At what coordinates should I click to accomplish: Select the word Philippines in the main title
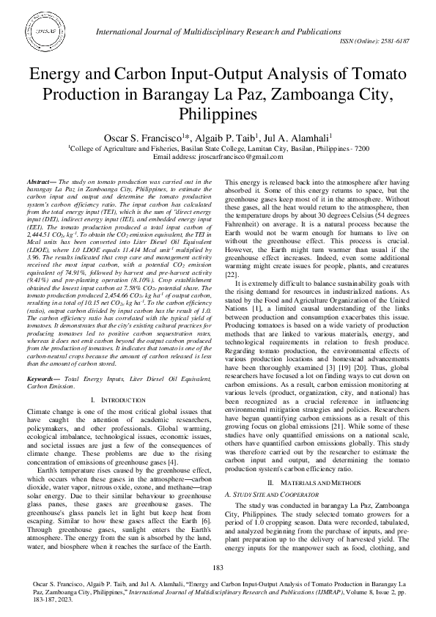[x=217, y=114]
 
